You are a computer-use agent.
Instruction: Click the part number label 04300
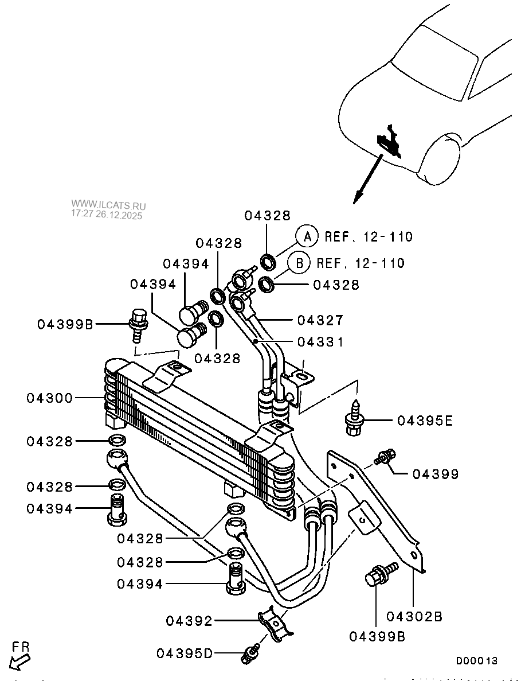[50, 398]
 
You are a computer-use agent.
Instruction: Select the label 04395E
[425, 421]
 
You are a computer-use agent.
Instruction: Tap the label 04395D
[184, 653]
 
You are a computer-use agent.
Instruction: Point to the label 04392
[189, 621]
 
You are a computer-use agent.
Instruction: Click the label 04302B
[414, 617]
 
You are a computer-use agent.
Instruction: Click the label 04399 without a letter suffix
[436, 474]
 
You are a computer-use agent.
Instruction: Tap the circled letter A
[307, 236]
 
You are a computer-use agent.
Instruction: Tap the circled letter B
[299, 263]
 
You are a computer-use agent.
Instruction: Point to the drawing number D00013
[476, 661]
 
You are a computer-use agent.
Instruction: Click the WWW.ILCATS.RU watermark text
[108, 205]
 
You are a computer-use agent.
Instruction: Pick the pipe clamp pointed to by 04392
[275, 624]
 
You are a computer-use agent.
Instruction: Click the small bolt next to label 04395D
[252, 651]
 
